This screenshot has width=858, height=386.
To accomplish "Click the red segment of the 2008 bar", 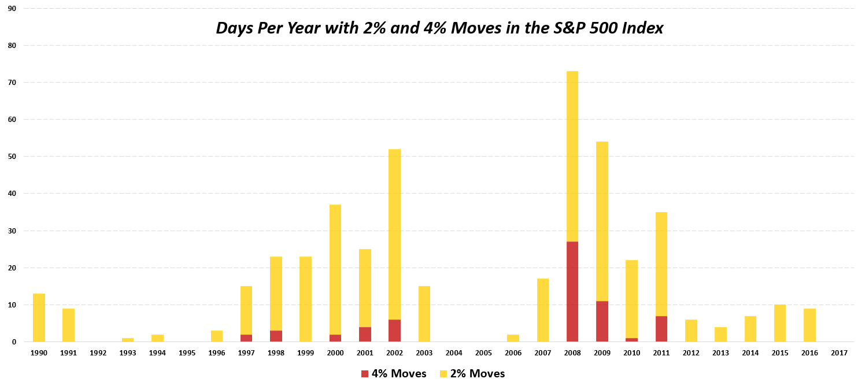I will point(572,292).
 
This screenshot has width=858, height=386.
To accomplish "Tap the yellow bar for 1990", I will point(39,318).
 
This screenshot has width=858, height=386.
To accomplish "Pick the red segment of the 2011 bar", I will point(661,329).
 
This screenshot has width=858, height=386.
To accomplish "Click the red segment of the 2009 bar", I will point(602,321).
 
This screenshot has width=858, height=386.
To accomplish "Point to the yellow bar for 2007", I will point(542,310).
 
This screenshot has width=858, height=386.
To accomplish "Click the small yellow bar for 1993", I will point(128,340).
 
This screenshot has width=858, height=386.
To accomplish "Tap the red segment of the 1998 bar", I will point(276,336).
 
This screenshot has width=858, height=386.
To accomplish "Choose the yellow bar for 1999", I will point(305,299).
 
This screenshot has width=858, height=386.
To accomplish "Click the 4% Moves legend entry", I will point(393,374).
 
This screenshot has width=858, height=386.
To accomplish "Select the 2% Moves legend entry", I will point(472,374).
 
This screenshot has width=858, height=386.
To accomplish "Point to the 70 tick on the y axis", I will point(12,83).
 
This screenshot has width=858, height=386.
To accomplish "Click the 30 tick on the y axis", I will point(12,231).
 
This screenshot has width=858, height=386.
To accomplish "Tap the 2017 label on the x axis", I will point(839,352).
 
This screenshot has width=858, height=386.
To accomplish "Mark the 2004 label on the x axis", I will point(454,352).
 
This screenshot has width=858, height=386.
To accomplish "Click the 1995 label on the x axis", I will point(187,352).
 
